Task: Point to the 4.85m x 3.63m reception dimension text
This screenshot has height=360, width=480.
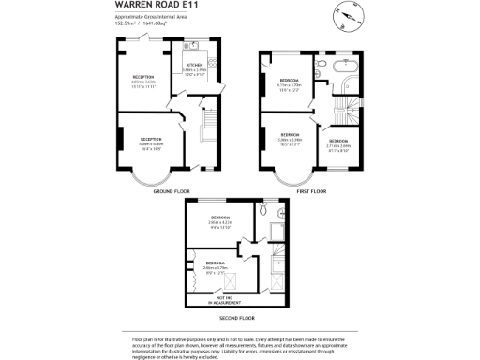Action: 143,82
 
